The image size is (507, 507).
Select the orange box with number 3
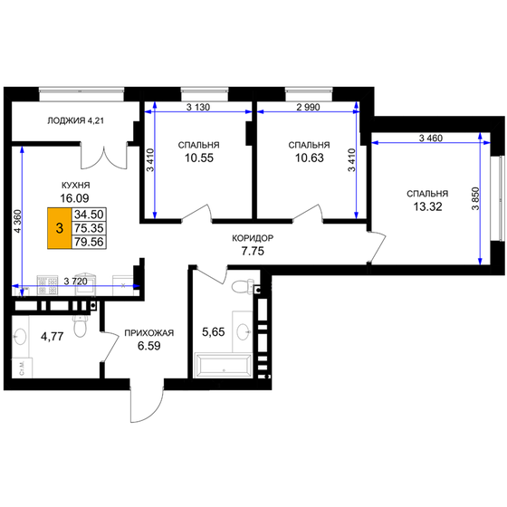(60, 230)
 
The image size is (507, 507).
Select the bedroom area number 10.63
(308, 160)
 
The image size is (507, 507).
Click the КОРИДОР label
(253, 238)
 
